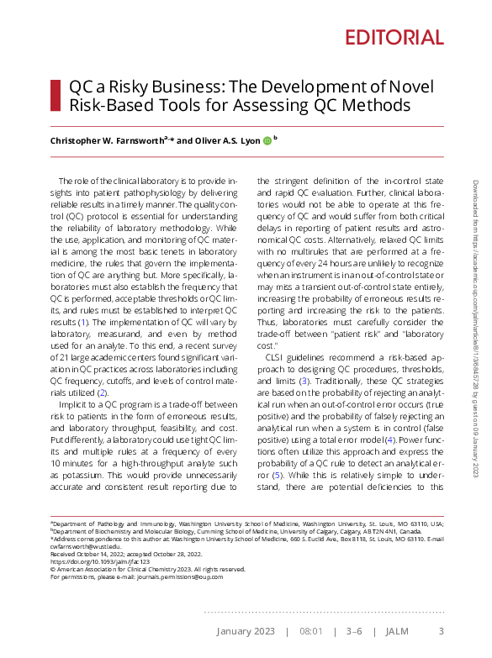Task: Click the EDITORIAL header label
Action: (x=394, y=37)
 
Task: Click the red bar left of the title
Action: (x=55, y=97)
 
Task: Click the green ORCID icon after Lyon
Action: (x=267, y=140)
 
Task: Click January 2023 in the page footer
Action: (x=245, y=631)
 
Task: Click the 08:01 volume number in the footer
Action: (x=311, y=631)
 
